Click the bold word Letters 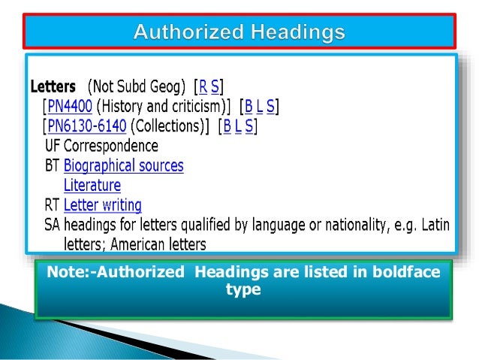[x=53, y=86]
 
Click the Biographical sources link [x=123, y=165]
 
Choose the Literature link [x=92, y=185]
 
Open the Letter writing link [x=102, y=204]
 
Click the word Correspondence [x=111, y=146]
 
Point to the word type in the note [x=242, y=289]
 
